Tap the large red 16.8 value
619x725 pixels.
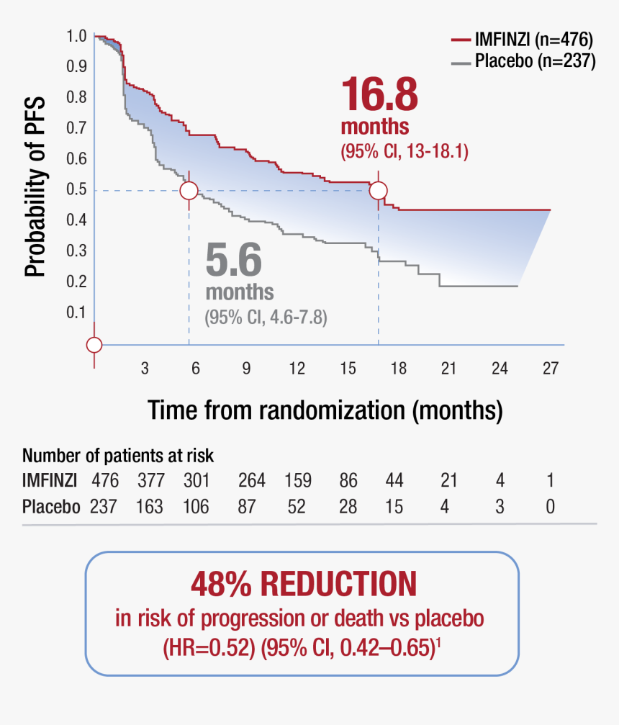379,94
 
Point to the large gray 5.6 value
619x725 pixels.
234,260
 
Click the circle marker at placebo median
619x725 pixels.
189,191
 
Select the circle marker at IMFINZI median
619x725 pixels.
379,191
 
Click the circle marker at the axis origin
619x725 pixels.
94,345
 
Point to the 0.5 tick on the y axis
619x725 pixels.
76,190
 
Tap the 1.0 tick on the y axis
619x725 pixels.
76,36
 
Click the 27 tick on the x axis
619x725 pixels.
550,369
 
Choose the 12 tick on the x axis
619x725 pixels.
297,369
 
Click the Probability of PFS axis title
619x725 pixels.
35,186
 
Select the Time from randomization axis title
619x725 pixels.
325,410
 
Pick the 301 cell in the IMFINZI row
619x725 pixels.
195,480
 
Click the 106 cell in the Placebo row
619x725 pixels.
195,507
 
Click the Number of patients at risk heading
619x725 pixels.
118,456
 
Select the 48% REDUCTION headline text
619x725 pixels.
303,585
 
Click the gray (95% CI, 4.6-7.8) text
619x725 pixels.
266,317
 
